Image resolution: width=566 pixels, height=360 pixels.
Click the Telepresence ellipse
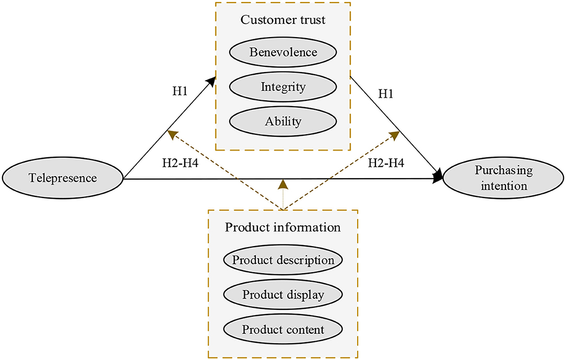click(x=62, y=178)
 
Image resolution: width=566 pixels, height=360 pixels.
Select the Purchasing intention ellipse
click(x=504, y=178)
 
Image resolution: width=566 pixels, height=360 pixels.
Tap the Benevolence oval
click(x=282, y=52)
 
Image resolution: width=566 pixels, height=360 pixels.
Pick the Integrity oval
click(x=282, y=87)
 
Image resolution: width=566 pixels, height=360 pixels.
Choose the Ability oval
click(x=282, y=122)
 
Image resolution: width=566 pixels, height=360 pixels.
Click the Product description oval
click(x=282, y=260)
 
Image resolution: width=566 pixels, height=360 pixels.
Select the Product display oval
click(x=282, y=295)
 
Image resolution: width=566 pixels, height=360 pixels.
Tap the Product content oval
click(x=282, y=330)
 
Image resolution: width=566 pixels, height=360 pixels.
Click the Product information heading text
click(x=282, y=228)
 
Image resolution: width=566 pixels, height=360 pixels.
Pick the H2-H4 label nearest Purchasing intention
click(x=386, y=162)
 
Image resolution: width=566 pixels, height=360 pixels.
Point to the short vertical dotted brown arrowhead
click(x=282, y=184)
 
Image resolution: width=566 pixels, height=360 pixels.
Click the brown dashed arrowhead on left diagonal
click(x=172, y=134)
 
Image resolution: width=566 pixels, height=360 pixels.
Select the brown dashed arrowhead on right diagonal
click(x=395, y=135)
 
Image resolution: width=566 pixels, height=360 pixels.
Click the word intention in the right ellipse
click(x=503, y=185)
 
